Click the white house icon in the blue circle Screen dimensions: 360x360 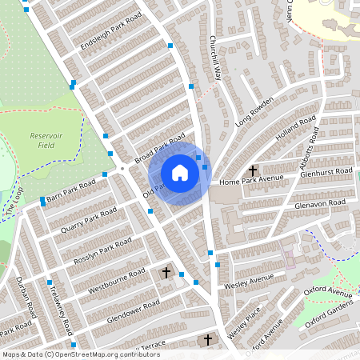click(x=180, y=173)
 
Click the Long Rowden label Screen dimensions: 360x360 click(x=254, y=112)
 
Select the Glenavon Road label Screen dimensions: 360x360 click(x=319, y=203)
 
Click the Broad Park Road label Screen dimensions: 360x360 click(x=159, y=149)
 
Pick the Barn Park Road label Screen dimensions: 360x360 click(x=70, y=192)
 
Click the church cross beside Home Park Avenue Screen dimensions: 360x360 click(x=253, y=170)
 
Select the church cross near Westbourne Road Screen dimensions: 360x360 click(x=166, y=273)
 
